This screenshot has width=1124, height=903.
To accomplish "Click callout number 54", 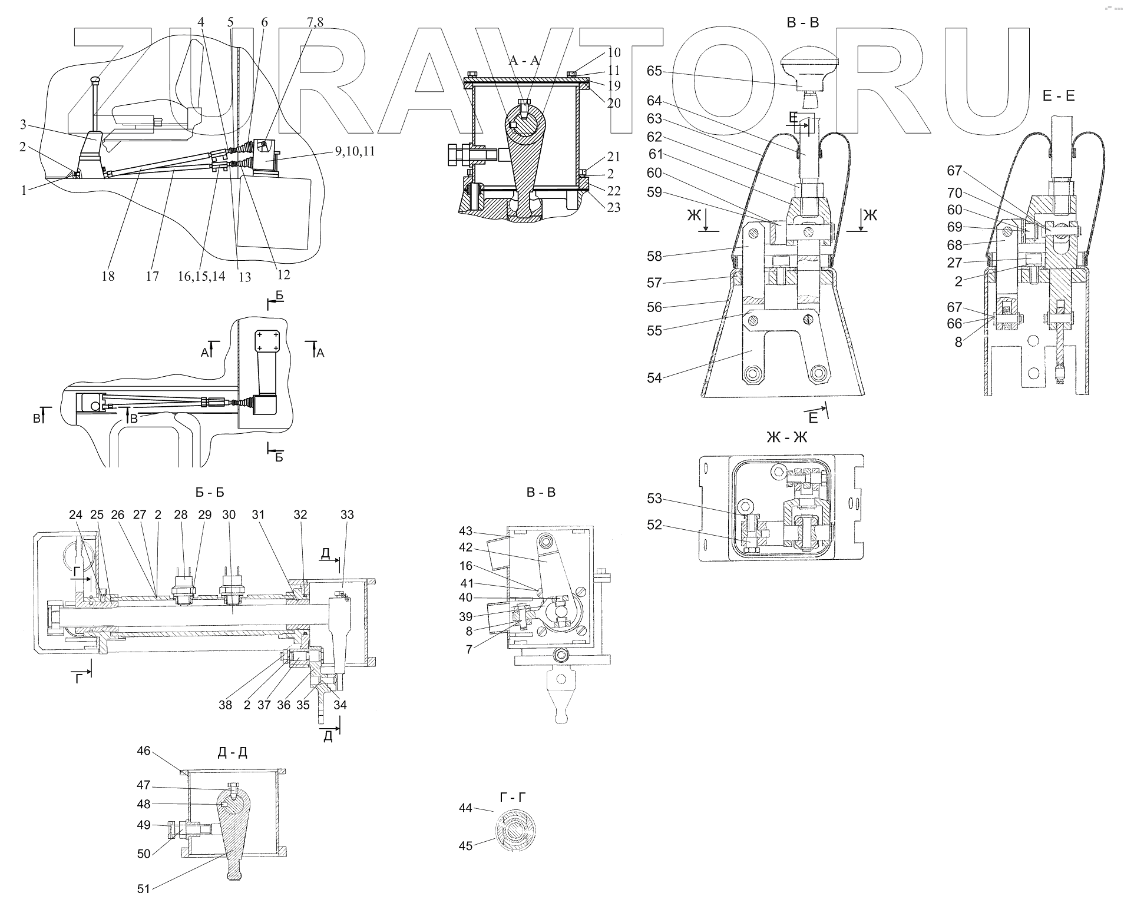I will pos(654,378).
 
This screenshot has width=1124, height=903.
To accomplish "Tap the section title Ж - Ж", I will pos(786,437).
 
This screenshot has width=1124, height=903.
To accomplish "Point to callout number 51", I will pos(144,889).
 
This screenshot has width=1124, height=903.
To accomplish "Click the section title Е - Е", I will pos(1058,96).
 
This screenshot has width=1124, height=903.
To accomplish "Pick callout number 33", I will pos(347,514).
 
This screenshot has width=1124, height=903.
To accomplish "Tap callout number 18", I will pos(108,275).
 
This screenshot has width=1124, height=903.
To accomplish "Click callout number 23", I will pos(613,207).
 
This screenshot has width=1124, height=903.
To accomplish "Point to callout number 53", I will pos(654,499).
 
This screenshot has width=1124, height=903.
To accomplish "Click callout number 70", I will pos(954,192).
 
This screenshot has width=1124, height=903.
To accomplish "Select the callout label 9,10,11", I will pos(355,151).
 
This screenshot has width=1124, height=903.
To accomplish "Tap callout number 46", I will pos(144,751).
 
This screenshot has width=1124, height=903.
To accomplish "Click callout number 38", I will pos(226,705).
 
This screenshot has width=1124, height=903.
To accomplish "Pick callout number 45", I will pos(465,846).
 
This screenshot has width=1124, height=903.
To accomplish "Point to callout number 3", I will pos(23,124).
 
